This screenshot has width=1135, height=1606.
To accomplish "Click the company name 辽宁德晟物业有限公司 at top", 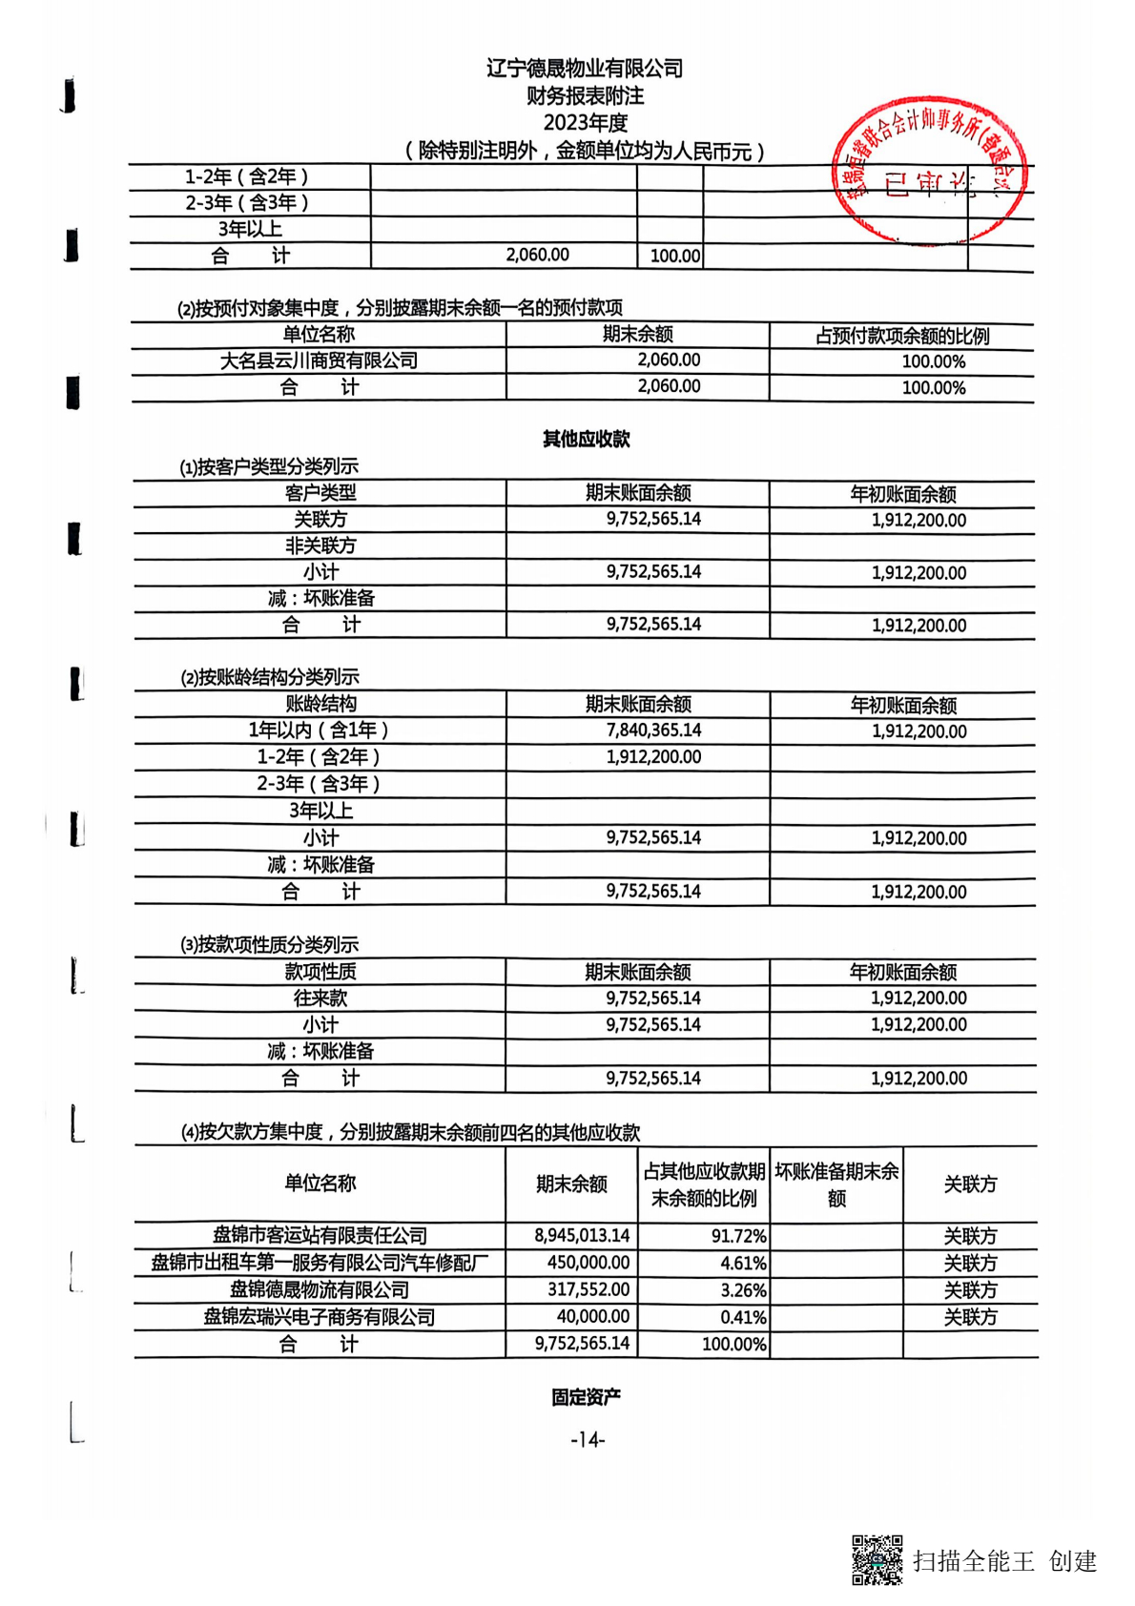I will pos(585,69).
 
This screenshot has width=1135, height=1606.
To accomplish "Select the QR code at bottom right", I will pos(876,1559).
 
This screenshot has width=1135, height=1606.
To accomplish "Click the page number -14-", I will pos(588,1439).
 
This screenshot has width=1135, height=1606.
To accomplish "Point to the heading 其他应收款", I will pos(586,439).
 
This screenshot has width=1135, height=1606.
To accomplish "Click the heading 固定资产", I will pos(586,1397).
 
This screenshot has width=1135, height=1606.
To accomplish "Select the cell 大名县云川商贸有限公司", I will pos(319,360).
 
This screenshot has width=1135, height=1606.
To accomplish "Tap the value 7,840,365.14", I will pos(653,731).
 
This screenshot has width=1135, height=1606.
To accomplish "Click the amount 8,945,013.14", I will pos(582,1236).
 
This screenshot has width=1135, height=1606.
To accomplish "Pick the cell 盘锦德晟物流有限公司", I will pos(320,1290).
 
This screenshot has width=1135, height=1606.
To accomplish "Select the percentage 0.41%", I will pos(743,1318).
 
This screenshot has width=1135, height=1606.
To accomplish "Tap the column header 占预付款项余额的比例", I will pos(901,336).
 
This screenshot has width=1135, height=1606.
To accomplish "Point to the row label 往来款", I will pos(320,999).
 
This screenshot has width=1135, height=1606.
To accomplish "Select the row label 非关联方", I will pos(320,546).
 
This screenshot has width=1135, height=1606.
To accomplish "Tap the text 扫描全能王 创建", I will pos(1004,1561).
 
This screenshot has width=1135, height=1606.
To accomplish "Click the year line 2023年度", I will pos(585,123).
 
